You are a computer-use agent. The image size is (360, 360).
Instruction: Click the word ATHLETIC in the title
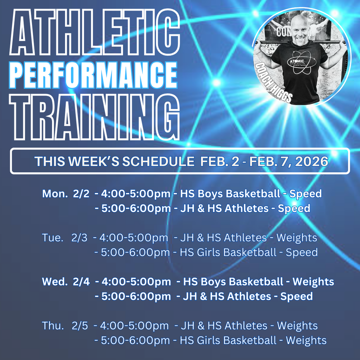[94, 33]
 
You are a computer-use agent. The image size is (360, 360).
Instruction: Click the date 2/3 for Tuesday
[79, 238]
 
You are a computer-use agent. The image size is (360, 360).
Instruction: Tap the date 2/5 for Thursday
[80, 326]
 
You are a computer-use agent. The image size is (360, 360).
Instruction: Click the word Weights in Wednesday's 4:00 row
[313, 282]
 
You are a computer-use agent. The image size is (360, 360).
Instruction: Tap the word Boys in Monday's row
[210, 194]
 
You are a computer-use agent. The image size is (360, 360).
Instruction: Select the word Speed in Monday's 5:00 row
[294, 208]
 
